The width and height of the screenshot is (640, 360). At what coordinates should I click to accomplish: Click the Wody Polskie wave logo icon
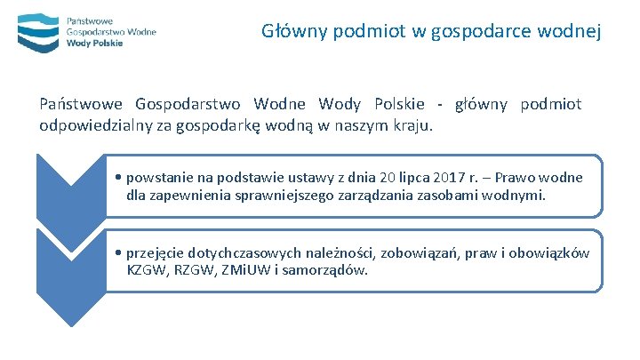pos(37,30)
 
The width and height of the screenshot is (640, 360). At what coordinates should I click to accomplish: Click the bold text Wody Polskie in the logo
pos(94,43)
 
